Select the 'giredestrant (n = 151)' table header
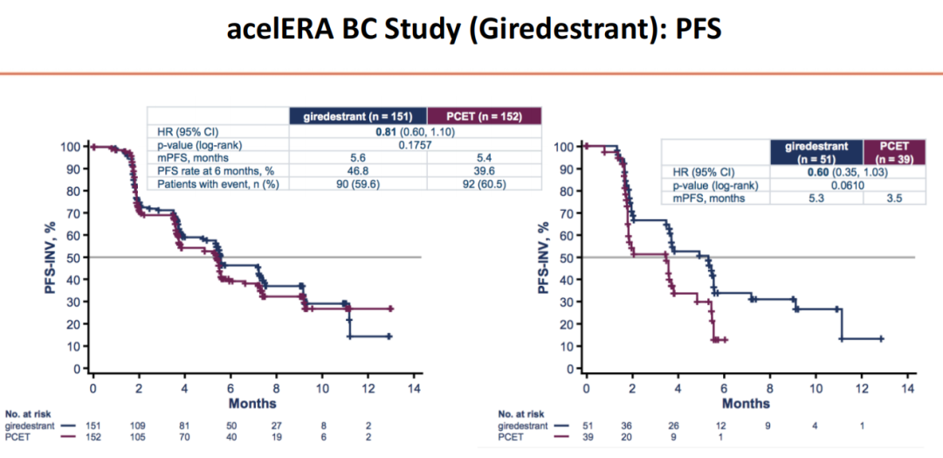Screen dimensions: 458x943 (358, 115)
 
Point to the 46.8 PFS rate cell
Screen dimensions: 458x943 (358, 171)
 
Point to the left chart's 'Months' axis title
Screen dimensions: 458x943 (254, 403)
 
